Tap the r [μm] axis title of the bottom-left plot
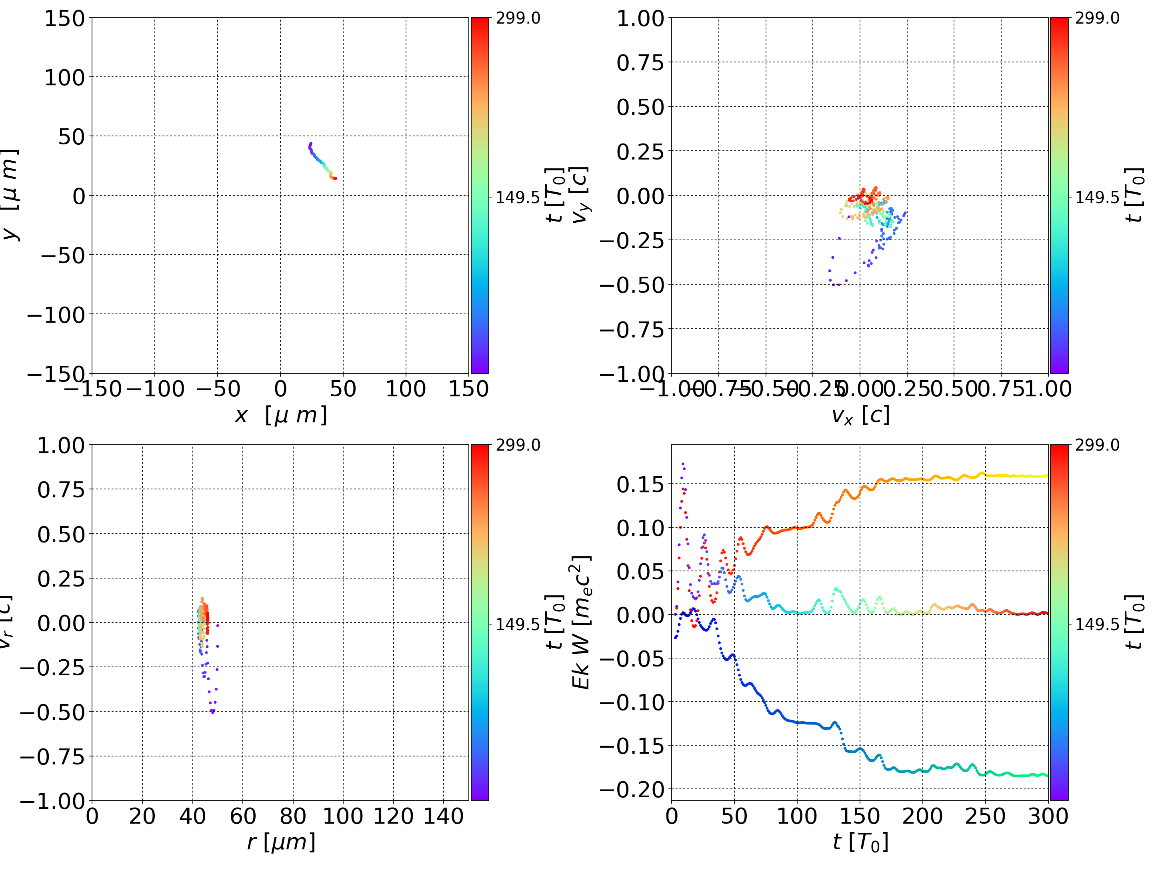281,842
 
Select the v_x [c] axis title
860,415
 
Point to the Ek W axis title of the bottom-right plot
581,622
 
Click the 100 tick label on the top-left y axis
64,78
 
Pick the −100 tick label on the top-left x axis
155,389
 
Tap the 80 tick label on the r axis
293,816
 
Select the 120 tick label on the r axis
393,816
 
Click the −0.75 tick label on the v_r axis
52,756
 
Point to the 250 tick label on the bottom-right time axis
985,816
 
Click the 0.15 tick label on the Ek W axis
640,485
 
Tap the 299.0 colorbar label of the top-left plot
518,19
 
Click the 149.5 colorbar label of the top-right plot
1097,198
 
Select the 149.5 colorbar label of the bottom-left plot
518,624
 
